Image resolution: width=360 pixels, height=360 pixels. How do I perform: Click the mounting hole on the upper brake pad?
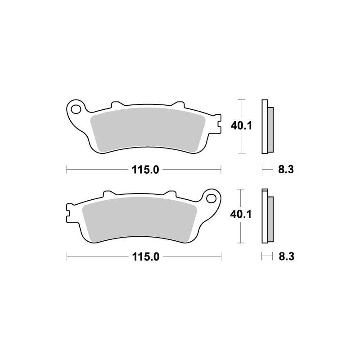click(76, 108)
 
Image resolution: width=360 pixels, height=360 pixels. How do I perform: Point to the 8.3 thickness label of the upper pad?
click(286, 170)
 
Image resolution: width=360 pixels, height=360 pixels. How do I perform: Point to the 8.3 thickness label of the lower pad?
click(286, 256)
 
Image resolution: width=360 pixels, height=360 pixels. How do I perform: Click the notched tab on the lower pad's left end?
click(69, 213)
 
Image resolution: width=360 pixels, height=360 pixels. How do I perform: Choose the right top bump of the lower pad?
click(171, 193)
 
